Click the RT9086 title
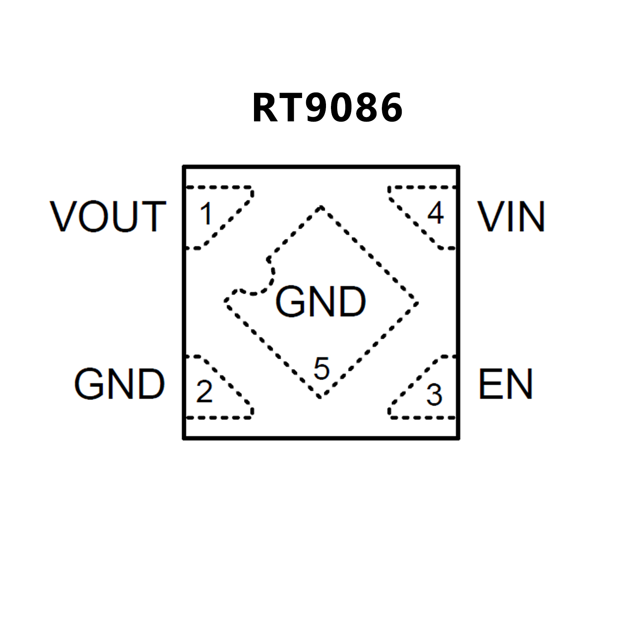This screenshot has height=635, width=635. click(x=327, y=108)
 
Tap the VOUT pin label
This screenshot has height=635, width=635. click(x=108, y=216)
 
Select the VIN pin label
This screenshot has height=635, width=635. click(x=511, y=216)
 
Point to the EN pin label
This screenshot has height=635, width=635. click(x=506, y=384)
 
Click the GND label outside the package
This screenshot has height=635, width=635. click(x=120, y=384)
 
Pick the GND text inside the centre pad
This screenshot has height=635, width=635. click(x=321, y=302)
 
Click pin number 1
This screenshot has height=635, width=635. click(x=206, y=214)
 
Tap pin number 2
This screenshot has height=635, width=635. click(x=204, y=391)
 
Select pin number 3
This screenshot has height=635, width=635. click(x=434, y=395)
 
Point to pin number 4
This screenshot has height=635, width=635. click(x=436, y=213)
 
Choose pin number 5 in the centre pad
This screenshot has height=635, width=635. click(x=321, y=368)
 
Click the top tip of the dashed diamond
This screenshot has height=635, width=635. click(x=321, y=207)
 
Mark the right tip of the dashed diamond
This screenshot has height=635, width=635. click(x=417, y=303)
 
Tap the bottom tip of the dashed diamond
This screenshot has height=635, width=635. click(x=320, y=397)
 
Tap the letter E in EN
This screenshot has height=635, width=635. click(x=490, y=384)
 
